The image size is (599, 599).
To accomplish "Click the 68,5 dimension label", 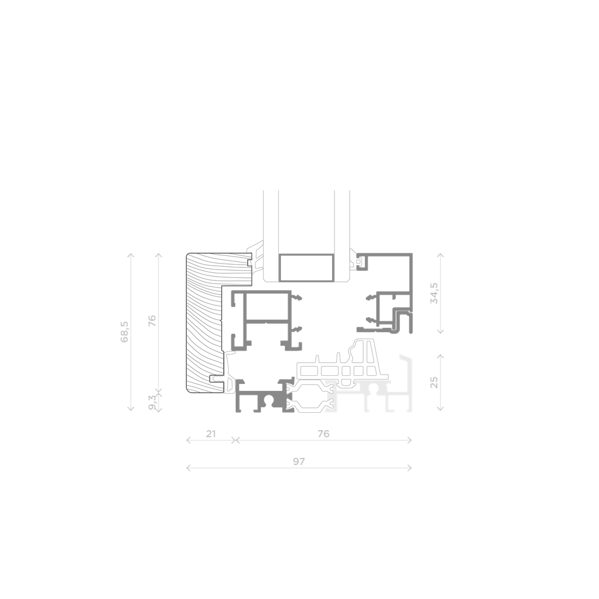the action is click(125, 332).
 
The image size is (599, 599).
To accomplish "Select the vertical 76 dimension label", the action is click(152, 321).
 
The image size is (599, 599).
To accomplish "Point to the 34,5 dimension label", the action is click(434, 293).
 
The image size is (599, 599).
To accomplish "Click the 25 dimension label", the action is click(434, 382).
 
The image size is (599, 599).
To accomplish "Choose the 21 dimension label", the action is click(211, 434).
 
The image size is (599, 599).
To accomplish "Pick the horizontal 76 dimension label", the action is click(323, 434).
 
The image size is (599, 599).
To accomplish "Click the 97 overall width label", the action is click(299, 461).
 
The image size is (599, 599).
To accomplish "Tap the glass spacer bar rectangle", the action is click(306, 267).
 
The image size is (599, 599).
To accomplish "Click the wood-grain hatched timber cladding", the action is click(204, 323).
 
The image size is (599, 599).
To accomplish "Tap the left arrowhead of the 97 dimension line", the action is click(188, 468).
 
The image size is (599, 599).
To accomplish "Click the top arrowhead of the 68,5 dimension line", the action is click(131, 255).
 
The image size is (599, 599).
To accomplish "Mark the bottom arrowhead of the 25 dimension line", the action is click(441, 409).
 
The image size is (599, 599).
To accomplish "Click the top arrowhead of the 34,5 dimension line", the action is click(441, 255).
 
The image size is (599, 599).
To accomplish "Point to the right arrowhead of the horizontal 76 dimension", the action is click(409, 441).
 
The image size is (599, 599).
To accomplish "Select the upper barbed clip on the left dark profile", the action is click(297, 297).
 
